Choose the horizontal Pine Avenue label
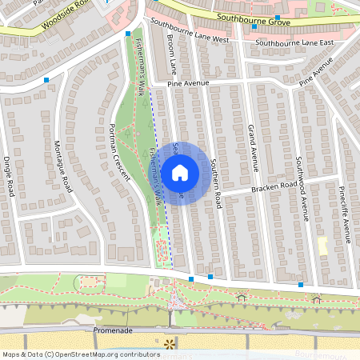click(188, 82)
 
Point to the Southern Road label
click(215, 182)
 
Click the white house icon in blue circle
click(180, 172)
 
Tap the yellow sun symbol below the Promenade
click(169, 343)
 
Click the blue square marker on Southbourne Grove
click(277, 17)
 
